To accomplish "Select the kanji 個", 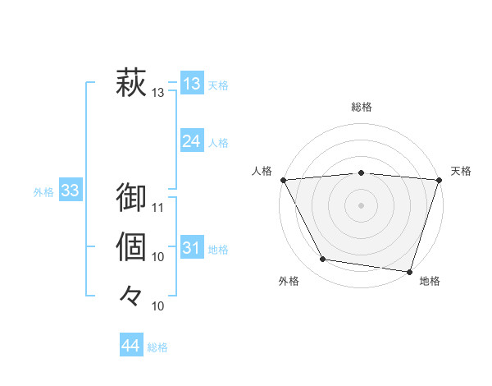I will [x=131, y=246].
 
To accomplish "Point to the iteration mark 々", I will [x=131, y=295].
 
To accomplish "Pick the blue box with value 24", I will [x=191, y=141].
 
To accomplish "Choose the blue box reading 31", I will [x=191, y=248].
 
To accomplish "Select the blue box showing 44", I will [x=130, y=346].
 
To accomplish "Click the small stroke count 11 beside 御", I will [x=158, y=207].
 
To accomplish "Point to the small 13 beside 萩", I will [x=158, y=94].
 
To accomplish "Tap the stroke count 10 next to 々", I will [x=158, y=306].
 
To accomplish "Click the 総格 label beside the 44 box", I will [x=157, y=347].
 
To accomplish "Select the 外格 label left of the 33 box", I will [x=43, y=192].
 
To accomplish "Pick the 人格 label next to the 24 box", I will [x=218, y=143].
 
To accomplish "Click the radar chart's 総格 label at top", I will [x=361, y=107].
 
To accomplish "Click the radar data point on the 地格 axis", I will [x=409, y=271].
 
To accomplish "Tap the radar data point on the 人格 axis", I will [x=283, y=180].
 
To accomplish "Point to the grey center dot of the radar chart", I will [x=361, y=204].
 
